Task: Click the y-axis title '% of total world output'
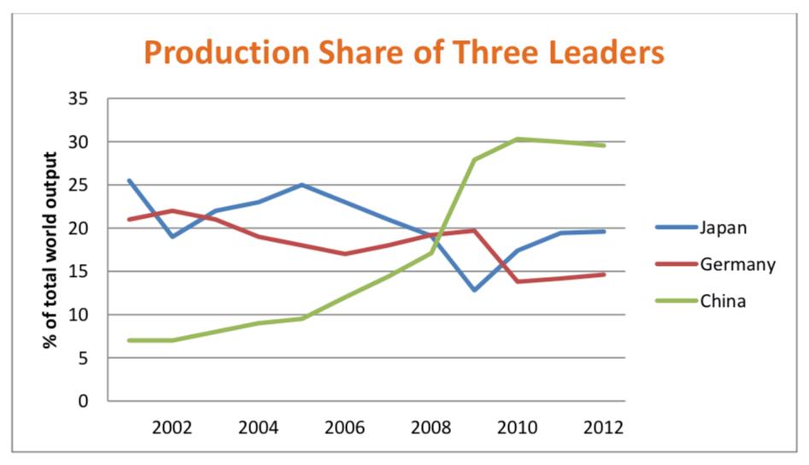50,250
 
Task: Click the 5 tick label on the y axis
83,358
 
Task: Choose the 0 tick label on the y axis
83,401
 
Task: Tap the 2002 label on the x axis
173,427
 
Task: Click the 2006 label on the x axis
344,427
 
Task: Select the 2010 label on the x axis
518,427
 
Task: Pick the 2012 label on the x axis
604,427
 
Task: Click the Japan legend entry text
723,227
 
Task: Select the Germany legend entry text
737,264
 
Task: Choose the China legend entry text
723,301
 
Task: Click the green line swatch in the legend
674,301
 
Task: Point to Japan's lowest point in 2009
474,290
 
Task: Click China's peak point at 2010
518,138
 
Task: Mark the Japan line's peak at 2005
302,185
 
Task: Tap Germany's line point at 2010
518,281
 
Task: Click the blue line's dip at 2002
173,237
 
